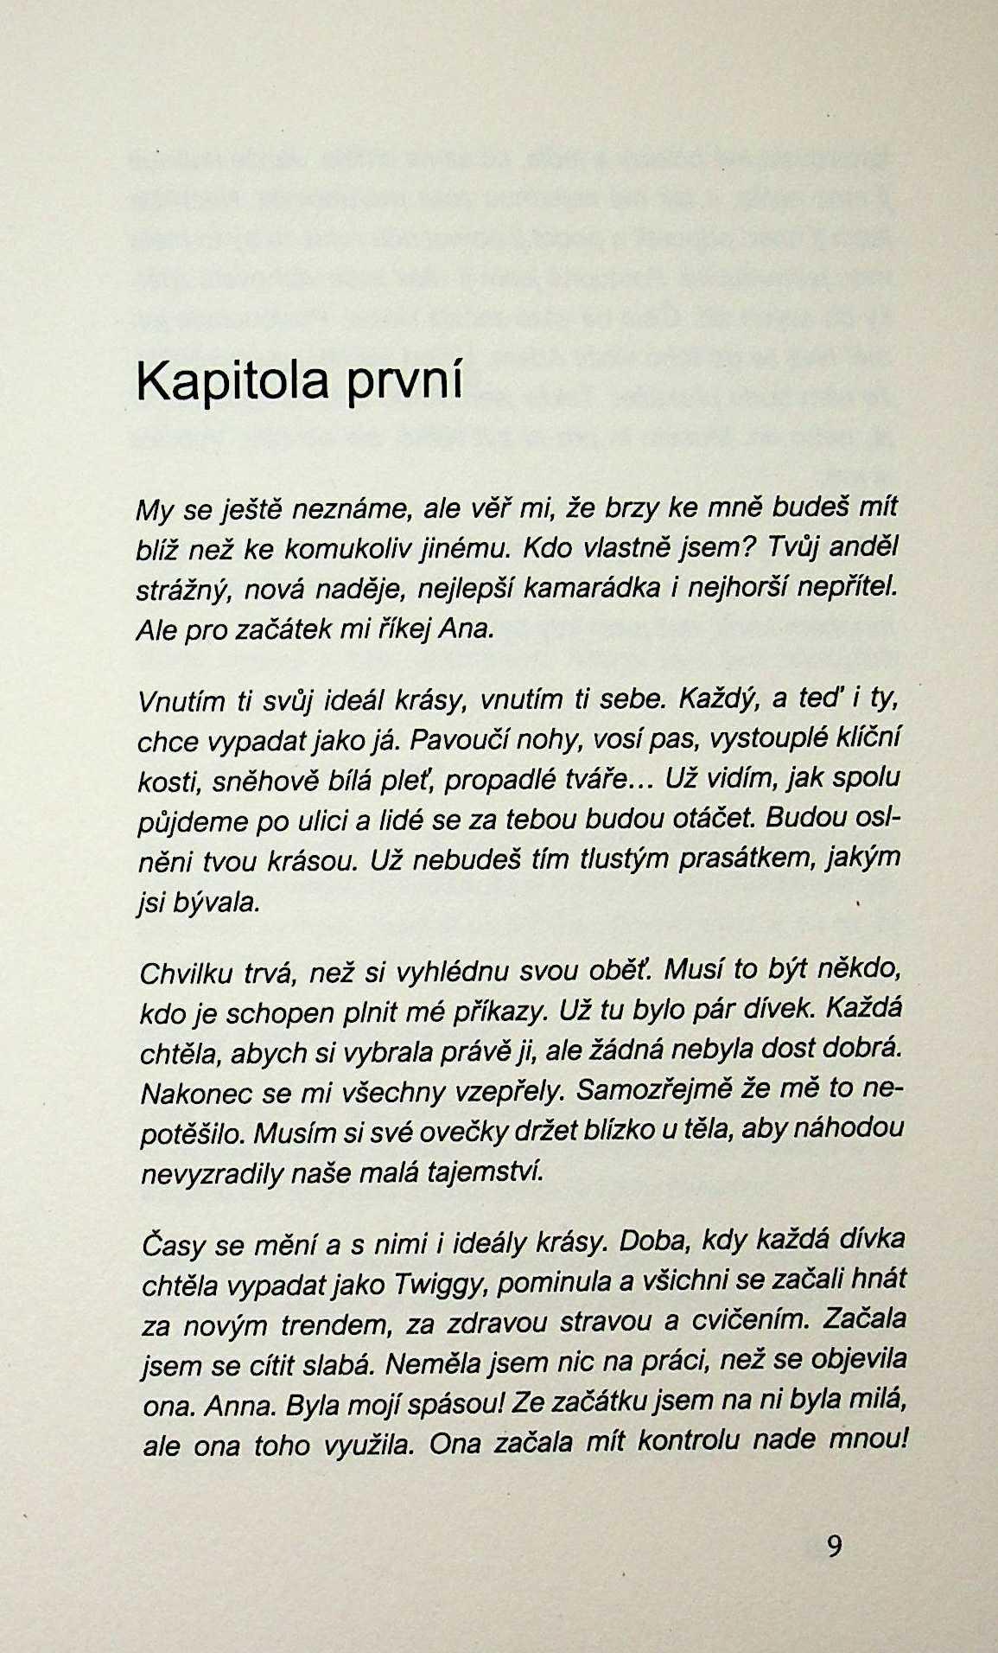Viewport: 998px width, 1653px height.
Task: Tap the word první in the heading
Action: [404, 381]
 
